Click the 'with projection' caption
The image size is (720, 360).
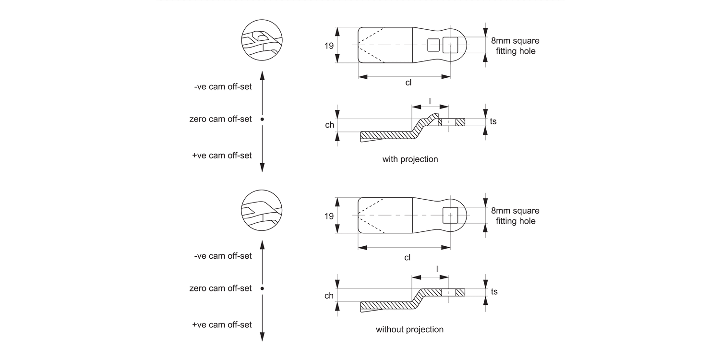[x=410, y=159]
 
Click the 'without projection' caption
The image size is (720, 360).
[x=409, y=329]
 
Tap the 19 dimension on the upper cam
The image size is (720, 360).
[x=329, y=46]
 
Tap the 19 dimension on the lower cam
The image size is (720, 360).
[x=329, y=216]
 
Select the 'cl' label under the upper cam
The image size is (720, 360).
[x=408, y=82]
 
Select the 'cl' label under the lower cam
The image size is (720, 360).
[x=407, y=257]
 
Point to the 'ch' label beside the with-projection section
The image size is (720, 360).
[x=329, y=125]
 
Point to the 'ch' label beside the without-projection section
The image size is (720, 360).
[x=329, y=296]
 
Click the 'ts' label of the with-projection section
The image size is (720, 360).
[x=493, y=121]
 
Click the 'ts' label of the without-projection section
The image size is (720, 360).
[x=494, y=292]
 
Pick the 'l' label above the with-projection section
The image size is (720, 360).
[x=430, y=101]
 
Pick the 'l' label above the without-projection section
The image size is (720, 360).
[x=437, y=269]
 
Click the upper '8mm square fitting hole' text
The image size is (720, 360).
[x=515, y=46]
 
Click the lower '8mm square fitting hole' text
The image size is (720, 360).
[x=515, y=216]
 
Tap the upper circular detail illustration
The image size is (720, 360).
[x=262, y=40]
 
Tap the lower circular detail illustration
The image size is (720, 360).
[x=262, y=211]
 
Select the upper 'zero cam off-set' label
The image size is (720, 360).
[x=220, y=119]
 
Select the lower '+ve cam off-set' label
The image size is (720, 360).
[x=222, y=324]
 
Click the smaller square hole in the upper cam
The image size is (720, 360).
[x=433, y=45]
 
